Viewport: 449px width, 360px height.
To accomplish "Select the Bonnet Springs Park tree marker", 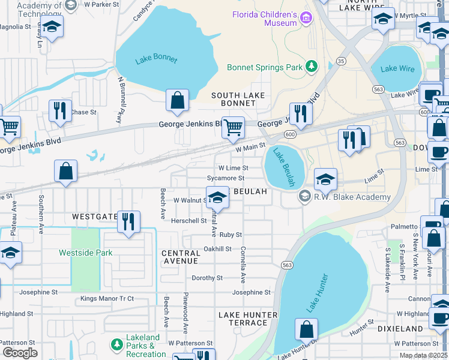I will click(x=312, y=67).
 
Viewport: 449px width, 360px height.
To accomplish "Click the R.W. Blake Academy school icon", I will click(x=305, y=197).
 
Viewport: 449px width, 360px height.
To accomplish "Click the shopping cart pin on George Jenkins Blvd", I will click(x=233, y=127).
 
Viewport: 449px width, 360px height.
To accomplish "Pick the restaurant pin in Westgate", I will click(x=128, y=221).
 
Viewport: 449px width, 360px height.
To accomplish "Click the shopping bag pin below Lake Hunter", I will click(x=306, y=329).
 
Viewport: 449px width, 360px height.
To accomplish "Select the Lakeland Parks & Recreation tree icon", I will click(x=116, y=345).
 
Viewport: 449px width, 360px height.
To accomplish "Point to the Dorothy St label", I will click(x=206, y=278).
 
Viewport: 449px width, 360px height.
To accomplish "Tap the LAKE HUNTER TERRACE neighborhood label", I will click(x=248, y=319).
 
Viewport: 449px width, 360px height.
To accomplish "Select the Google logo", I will click(x=20, y=352).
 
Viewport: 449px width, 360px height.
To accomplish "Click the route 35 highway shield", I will click(x=341, y=61).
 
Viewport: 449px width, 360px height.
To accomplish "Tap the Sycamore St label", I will click(x=225, y=178).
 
